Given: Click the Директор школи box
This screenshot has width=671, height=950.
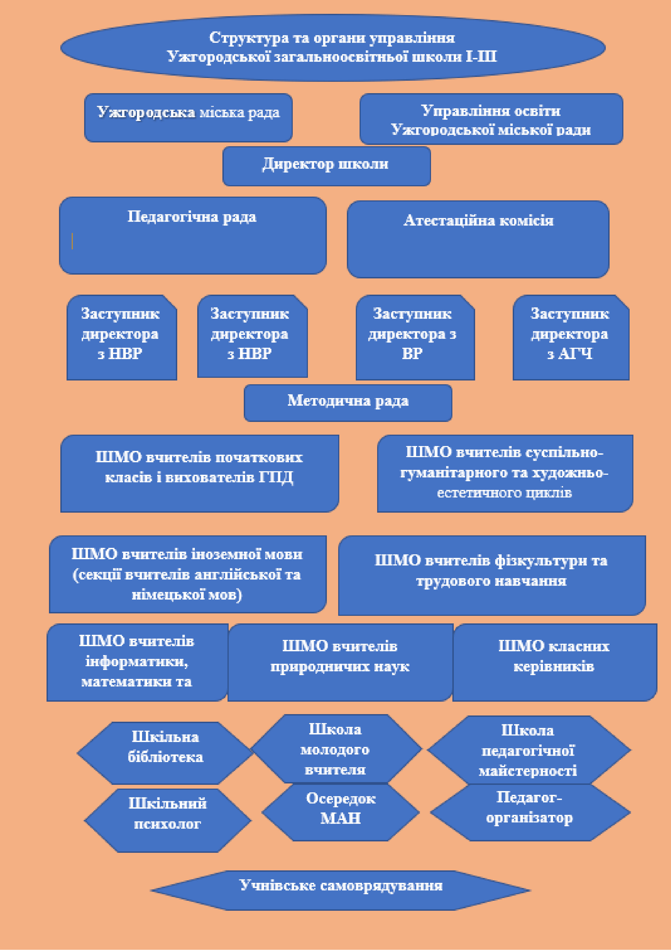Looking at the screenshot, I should [326, 166].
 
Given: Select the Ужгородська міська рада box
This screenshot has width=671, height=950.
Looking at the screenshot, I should [188, 118].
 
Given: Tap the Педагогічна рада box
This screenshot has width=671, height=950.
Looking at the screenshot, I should [193, 235].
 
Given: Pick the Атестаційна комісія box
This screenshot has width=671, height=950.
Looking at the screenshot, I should [478, 239].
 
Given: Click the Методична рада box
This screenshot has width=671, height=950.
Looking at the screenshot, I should [348, 403].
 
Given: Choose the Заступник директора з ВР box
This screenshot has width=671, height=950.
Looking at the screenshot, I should [415, 337].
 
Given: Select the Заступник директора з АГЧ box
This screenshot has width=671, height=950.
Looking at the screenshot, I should [571, 337].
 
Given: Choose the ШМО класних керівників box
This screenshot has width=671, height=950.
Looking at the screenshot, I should [554, 662].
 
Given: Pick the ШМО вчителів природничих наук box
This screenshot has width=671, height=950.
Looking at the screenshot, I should [340, 662].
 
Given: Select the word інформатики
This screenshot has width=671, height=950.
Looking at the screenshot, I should [136, 662].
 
